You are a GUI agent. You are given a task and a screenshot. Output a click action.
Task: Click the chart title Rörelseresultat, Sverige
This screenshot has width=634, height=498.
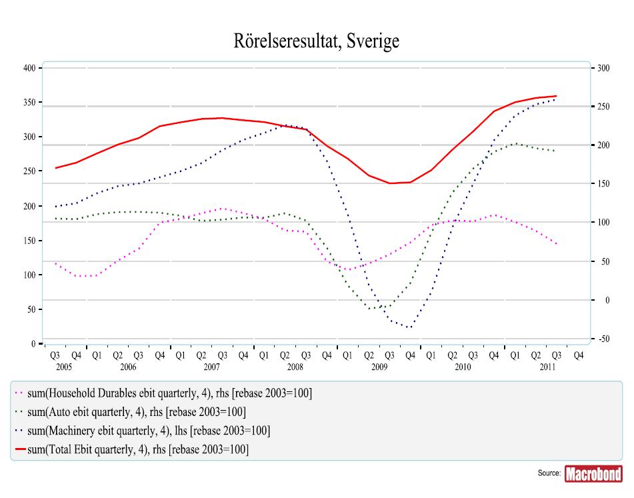[317, 42]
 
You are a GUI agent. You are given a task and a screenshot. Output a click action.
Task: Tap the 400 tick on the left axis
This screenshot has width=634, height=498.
[29, 68]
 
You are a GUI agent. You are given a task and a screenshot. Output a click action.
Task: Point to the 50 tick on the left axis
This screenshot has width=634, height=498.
[31, 309]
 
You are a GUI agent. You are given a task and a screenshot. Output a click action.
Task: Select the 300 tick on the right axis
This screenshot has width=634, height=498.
[603, 68]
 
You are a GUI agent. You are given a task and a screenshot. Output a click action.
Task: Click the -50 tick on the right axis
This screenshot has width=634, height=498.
[603, 339]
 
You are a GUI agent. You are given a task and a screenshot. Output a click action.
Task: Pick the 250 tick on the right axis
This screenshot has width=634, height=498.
[603, 107]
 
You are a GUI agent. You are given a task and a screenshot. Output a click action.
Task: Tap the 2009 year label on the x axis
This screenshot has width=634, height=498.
[379, 367]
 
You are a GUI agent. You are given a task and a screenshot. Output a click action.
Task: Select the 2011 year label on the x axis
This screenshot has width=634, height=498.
[548, 367]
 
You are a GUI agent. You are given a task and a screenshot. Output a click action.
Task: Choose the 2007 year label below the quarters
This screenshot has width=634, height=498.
[212, 367]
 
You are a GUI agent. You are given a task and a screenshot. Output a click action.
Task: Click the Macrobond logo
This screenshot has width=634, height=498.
[593, 474]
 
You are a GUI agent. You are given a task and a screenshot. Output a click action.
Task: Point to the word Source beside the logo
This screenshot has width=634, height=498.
[549, 473]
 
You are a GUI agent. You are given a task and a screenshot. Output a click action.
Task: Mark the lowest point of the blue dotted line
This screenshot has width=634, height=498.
[409, 327]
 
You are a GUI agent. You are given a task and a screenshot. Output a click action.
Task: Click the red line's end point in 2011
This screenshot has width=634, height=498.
[557, 96]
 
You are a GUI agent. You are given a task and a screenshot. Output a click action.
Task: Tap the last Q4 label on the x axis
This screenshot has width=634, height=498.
[578, 356]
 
